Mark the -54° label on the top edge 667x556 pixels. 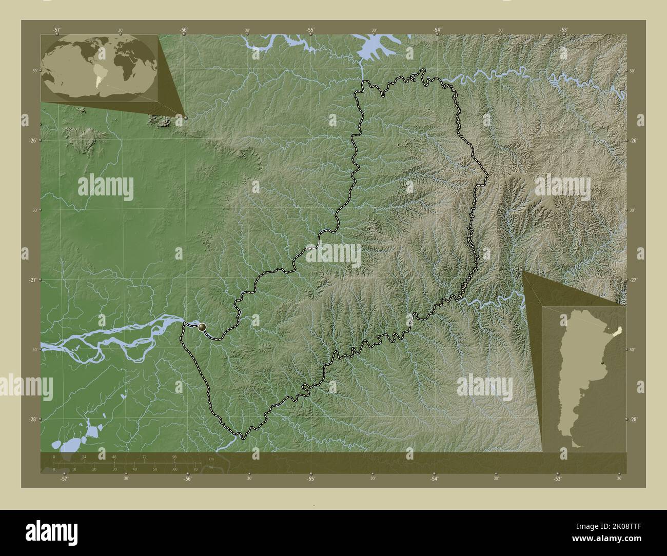437,30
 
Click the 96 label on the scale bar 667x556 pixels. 174,456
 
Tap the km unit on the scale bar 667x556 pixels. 211,458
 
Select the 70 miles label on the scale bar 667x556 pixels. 195,469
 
